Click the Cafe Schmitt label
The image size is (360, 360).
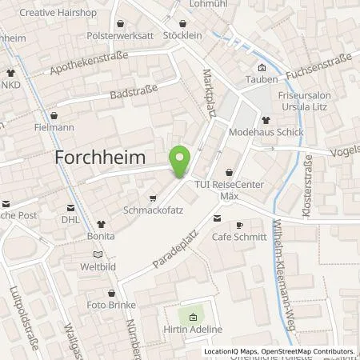[237, 237]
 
